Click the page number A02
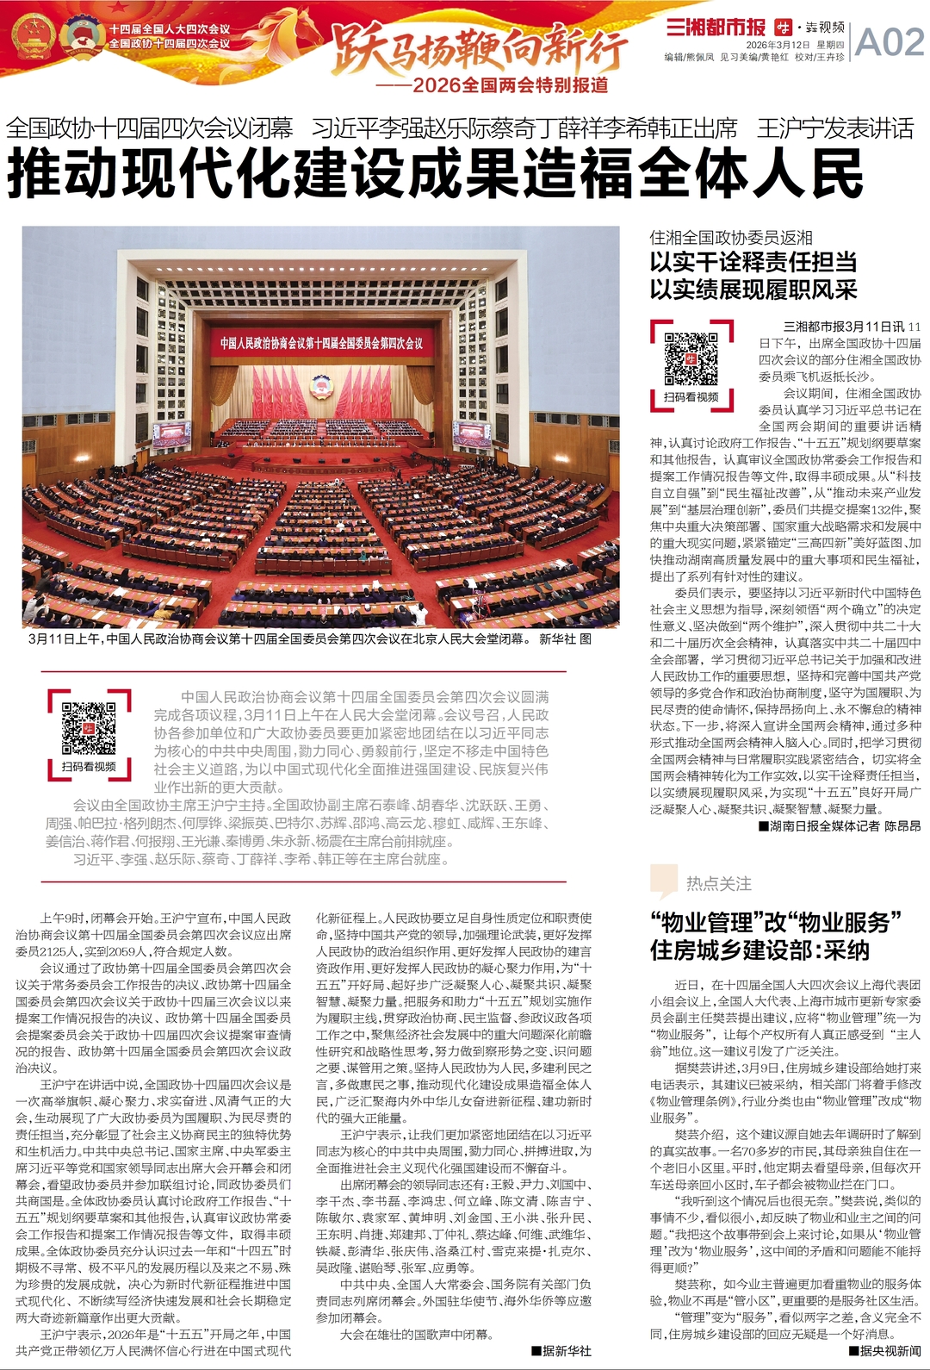890,40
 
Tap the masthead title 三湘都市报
716,27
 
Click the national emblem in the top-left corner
34,38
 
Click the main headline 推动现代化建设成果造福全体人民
435,173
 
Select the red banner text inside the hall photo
321,344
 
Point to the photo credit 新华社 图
565,639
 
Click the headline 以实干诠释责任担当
753,262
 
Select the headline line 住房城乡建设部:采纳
759,950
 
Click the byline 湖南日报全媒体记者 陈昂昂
840,825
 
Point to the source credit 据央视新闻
884,1351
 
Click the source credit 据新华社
561,1351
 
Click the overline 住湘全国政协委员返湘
731,237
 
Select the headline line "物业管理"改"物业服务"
775,922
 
